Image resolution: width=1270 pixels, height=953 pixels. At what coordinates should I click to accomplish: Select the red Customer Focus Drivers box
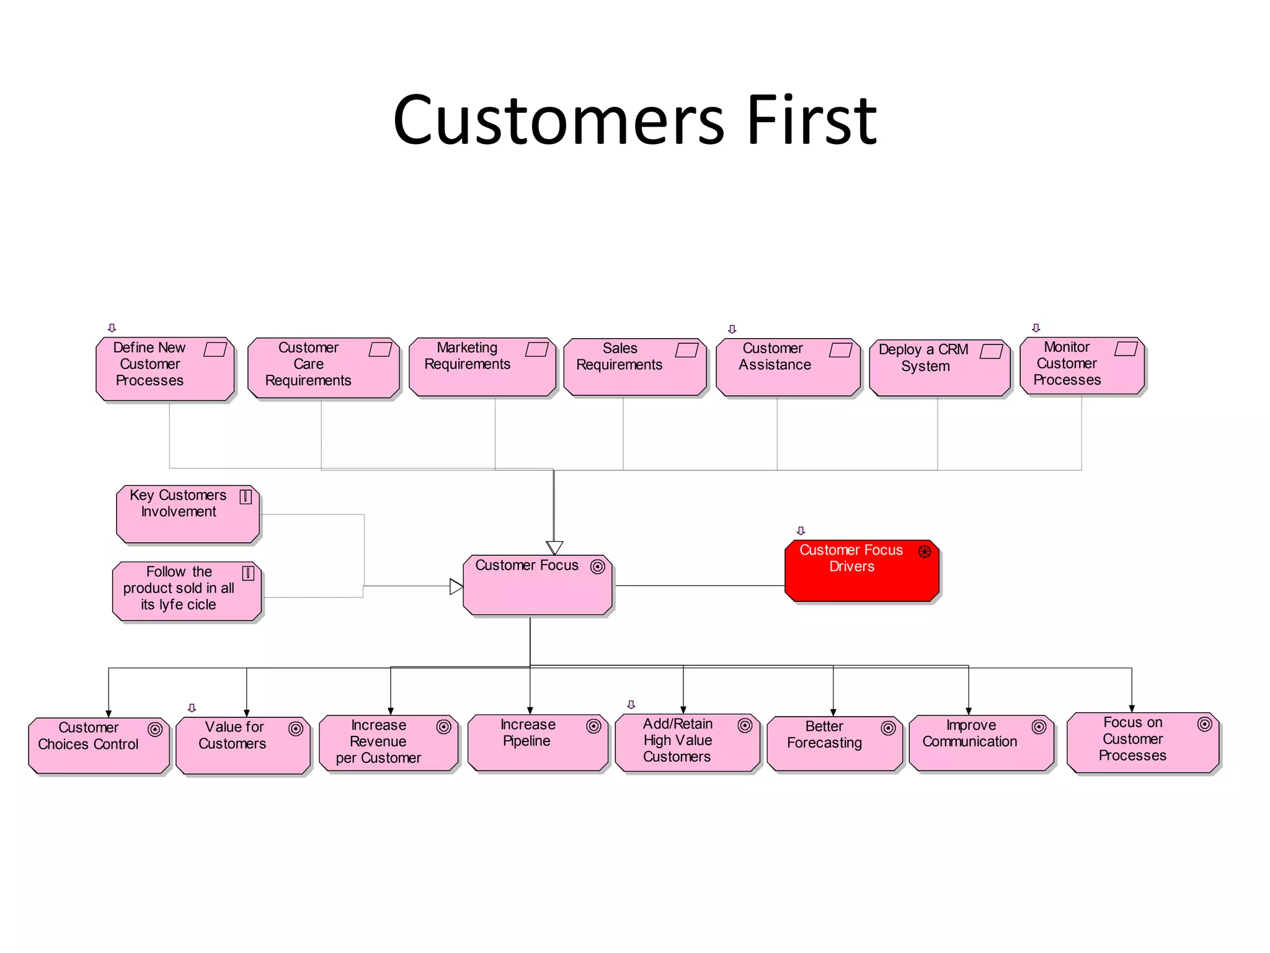pyautogui.click(x=861, y=571)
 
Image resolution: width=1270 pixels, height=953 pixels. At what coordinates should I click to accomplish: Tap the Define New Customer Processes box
pyautogui.click(x=165, y=369)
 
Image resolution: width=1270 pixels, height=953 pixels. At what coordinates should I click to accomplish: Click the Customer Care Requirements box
pyautogui.click(x=323, y=369)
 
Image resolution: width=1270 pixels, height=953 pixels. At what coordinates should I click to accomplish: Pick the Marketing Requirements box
pyautogui.click(x=482, y=367)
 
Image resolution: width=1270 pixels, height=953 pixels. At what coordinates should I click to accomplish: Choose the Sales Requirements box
pyautogui.click(x=634, y=367)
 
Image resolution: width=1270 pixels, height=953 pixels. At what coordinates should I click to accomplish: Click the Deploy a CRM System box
pyautogui.click(x=939, y=368)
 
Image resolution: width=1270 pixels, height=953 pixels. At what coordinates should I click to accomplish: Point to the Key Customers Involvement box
pyautogui.click(x=187, y=514)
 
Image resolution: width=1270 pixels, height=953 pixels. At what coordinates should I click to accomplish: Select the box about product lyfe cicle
pyautogui.click(x=187, y=591)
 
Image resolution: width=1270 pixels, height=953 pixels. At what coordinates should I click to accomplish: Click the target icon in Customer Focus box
pyautogui.click(x=597, y=566)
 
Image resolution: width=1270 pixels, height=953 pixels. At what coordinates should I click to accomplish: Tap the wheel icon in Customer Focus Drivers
pyautogui.click(x=924, y=551)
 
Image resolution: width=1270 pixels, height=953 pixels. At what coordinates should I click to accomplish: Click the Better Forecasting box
pyautogui.click(x=834, y=743)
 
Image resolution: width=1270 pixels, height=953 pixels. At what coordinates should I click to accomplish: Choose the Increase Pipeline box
pyautogui.click(x=537, y=743)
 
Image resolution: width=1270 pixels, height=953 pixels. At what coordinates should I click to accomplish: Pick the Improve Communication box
pyautogui.click(x=981, y=743)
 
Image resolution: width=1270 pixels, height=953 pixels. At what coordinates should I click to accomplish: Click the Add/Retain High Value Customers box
pyautogui.click(x=687, y=743)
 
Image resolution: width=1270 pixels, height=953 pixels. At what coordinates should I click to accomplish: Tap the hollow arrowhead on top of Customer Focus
pyautogui.click(x=554, y=547)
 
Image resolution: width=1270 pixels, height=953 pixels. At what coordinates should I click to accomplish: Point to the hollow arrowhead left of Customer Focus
pyautogui.click(x=456, y=586)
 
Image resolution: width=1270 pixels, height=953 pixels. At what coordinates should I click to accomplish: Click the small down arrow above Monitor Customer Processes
pyautogui.click(x=1036, y=328)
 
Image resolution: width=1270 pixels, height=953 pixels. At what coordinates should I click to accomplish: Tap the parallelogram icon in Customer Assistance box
pyautogui.click(x=840, y=350)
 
